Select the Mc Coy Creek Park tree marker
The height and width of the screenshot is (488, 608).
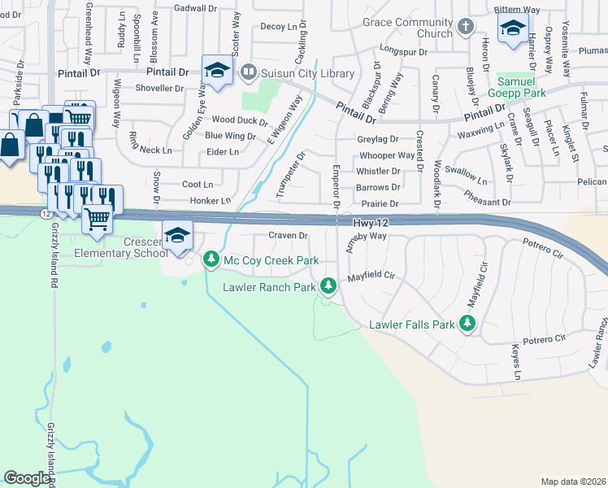click(x=211, y=259)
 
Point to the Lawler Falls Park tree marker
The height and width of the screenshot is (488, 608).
click(x=467, y=325)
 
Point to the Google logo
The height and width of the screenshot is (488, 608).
click(x=27, y=477)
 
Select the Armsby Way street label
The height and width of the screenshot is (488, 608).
click(x=367, y=236)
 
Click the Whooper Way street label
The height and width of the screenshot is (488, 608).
click(x=386, y=155)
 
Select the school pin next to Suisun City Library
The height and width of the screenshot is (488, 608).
click(x=218, y=70)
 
